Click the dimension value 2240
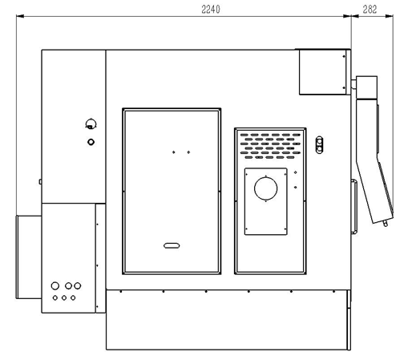211,10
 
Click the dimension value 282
370,10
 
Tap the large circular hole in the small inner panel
265,188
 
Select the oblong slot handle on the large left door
172,245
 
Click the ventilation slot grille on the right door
270,146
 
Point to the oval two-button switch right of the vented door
319,145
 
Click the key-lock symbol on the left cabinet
91,124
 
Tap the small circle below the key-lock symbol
91,142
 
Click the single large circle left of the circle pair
55,285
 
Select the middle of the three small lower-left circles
64,297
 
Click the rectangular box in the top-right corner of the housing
323,72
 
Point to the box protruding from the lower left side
29,257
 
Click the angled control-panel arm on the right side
374,161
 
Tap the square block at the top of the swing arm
366,87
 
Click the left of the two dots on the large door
174,152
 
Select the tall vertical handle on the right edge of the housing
354,207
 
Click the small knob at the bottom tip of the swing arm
386,223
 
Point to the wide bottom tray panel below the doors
226,319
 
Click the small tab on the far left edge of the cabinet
40,182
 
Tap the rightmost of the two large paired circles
78,285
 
